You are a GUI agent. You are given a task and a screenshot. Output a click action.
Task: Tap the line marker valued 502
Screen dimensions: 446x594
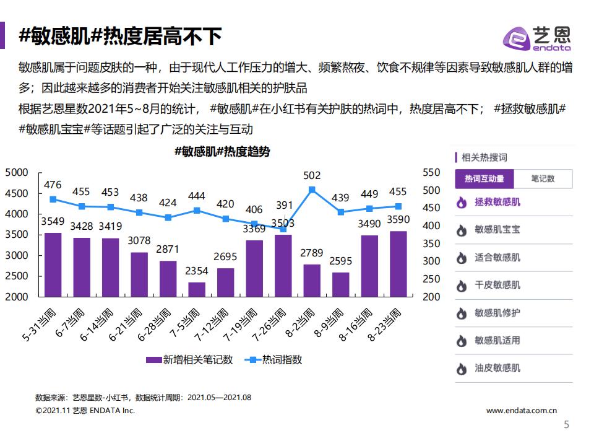click(x=312, y=190)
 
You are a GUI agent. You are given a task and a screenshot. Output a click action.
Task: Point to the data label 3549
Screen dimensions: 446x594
click(x=53, y=221)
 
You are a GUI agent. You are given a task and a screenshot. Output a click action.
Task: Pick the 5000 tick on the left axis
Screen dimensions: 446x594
click(x=17, y=173)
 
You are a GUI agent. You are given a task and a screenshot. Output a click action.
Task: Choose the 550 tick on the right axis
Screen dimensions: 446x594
click(x=429, y=173)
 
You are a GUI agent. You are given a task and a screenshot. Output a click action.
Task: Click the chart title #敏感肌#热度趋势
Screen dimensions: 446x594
click(x=222, y=152)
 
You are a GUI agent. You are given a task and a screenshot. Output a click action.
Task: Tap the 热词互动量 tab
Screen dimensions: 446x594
click(x=484, y=179)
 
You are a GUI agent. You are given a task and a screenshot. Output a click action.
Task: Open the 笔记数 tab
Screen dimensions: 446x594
click(x=543, y=179)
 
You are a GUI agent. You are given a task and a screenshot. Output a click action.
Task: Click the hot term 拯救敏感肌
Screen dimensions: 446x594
click(x=497, y=202)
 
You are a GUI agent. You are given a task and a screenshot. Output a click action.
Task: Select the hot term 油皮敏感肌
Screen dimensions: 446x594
click(x=497, y=368)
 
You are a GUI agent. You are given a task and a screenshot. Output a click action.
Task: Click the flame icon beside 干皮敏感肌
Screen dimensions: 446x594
click(x=461, y=286)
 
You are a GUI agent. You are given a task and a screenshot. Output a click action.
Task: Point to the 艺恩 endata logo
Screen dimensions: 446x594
click(x=536, y=38)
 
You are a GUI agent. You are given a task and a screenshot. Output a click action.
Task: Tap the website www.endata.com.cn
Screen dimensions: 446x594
click(x=522, y=410)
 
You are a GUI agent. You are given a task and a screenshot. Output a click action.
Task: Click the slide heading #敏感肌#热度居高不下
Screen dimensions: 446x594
click(x=120, y=37)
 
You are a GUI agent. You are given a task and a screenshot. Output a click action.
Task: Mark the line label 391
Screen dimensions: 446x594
click(x=284, y=206)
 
